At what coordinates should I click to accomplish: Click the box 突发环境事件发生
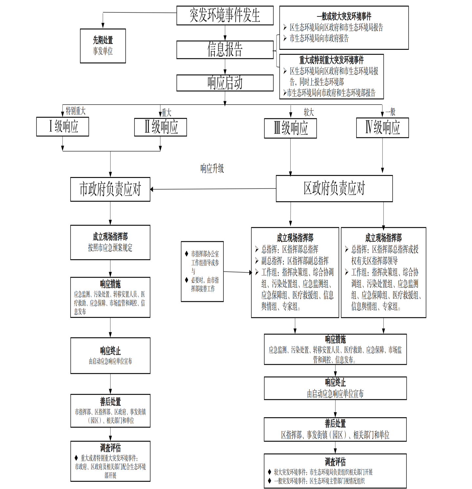coord(225,15)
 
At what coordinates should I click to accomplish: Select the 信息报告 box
coord(225,49)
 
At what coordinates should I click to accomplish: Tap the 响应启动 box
coord(225,83)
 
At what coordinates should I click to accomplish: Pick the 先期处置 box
coord(103,46)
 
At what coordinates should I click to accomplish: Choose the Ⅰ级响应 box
coord(62,127)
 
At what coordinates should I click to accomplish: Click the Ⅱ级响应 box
coord(160,127)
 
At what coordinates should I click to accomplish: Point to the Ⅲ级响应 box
coord(290,128)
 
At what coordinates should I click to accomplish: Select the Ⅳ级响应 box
coord(382,127)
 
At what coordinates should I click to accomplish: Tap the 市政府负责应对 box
coord(110,189)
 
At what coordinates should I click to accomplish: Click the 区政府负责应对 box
coord(334,188)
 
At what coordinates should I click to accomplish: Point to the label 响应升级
coord(212,169)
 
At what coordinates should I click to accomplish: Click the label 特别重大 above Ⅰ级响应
coord(75,111)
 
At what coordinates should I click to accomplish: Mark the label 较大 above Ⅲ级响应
coord(309,112)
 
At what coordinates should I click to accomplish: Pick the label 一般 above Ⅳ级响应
coord(390,112)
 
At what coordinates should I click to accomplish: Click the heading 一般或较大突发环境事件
coord(344,16)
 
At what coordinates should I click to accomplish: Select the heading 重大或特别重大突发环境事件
coord(331,60)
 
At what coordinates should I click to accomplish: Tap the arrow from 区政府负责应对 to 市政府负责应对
coord(213,189)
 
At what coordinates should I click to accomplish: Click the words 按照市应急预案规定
coord(110,248)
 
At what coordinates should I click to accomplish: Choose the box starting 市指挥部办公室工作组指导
coord(202,271)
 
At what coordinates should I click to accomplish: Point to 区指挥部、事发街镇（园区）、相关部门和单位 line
coord(335,435)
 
